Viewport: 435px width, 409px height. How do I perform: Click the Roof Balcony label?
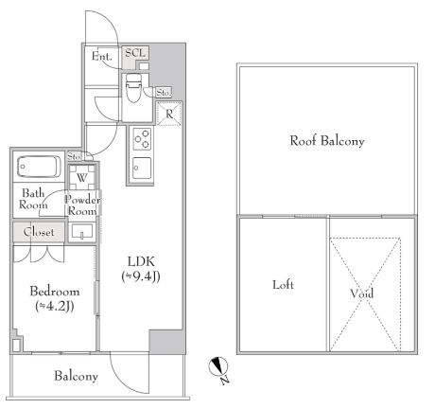327,140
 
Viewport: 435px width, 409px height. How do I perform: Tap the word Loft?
283,285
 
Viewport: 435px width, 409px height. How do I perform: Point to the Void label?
362,293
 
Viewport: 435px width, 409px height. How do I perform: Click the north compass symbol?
218,366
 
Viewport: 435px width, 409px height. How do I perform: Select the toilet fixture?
133,88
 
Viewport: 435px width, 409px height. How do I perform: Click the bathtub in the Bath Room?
39,167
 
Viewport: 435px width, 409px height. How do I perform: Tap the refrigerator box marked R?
169,114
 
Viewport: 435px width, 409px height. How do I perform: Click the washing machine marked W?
82,178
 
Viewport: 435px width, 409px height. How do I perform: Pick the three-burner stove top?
142,139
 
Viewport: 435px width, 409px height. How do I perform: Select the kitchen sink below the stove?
142,168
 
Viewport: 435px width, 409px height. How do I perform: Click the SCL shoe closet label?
135,53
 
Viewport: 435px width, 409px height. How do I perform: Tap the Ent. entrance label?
102,57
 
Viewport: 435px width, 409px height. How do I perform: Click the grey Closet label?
39,232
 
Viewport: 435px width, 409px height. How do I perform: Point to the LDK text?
141,261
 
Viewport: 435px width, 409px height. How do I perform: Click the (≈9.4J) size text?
141,276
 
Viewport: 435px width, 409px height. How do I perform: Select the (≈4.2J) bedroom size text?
55,306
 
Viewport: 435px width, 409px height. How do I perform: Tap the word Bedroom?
55,292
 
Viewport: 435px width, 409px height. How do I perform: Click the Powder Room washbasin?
82,231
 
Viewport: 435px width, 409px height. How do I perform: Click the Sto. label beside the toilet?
164,93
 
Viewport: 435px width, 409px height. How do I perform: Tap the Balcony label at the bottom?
76,376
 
